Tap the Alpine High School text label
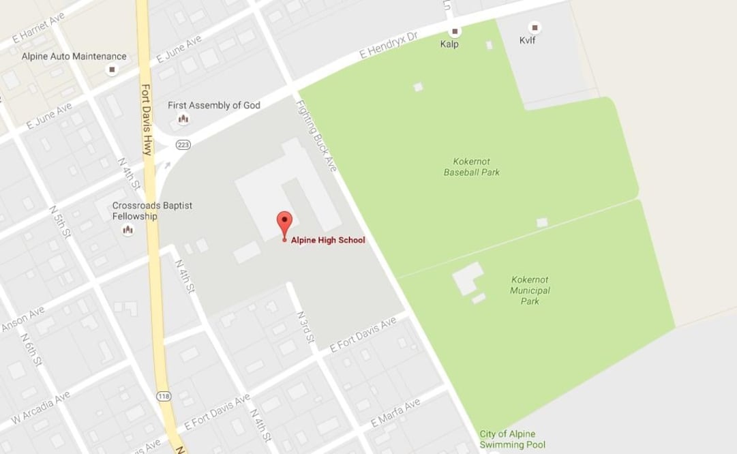328,240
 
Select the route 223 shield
183,145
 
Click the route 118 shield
164,396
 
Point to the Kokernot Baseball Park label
471,167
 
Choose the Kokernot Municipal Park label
530,290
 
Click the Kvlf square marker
535,28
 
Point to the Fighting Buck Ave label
316,136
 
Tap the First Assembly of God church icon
183,119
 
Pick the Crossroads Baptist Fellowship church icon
127,230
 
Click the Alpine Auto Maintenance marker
112,70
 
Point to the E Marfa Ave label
395,413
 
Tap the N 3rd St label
305,327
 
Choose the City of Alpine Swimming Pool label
507,439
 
